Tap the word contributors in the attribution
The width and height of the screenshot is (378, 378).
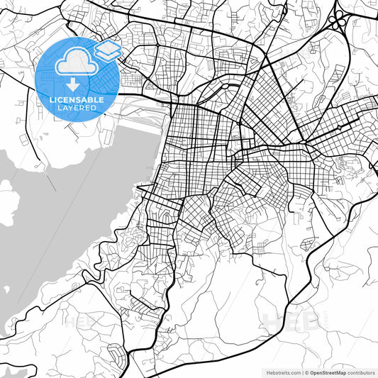[x=361, y=372]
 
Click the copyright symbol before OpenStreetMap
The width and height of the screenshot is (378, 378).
[x=306, y=372]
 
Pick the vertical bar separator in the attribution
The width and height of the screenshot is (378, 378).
[x=301, y=372]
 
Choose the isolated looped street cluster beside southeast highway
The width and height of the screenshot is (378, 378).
[x=306, y=245]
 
